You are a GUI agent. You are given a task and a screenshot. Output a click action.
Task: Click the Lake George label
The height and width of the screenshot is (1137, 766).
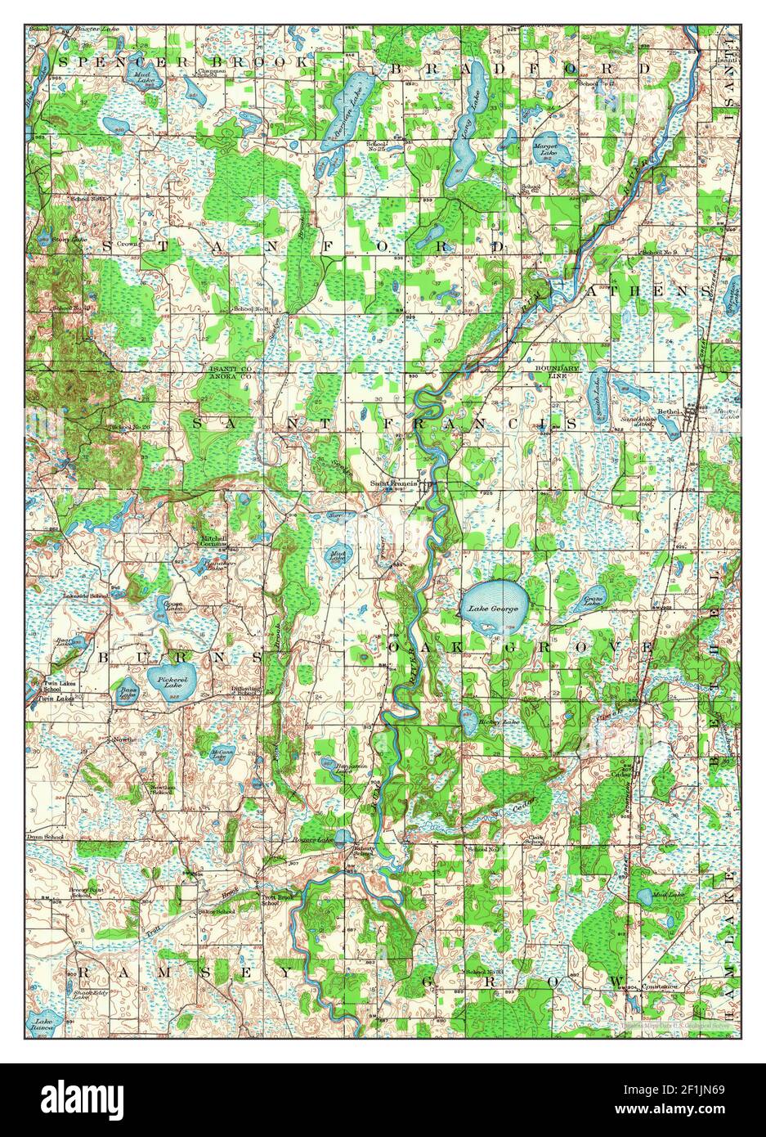(488, 608)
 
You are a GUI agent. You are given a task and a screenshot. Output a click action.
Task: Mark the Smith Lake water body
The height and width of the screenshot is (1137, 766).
(598, 390)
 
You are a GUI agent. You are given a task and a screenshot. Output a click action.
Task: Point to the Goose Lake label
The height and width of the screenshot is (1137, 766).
(173, 607)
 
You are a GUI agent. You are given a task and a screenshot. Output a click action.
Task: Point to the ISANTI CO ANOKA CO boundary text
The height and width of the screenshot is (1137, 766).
(226, 373)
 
